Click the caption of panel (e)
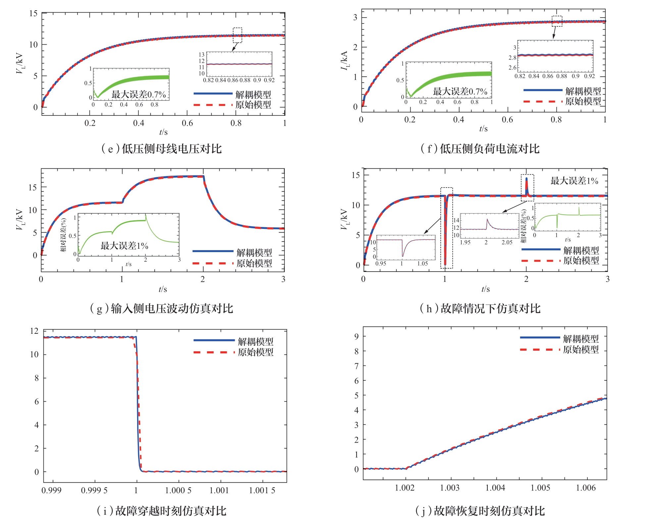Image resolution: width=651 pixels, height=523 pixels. click(x=162, y=149)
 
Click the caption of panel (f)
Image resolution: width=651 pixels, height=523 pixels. click(x=480, y=149)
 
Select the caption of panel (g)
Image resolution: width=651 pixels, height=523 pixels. click(x=162, y=308)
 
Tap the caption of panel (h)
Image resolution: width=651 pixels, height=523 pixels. click(x=480, y=308)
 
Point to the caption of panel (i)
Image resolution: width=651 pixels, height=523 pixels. click(x=162, y=511)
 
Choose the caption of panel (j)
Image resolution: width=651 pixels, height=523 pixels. click(x=480, y=511)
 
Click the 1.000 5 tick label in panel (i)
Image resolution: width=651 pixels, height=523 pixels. click(x=178, y=490)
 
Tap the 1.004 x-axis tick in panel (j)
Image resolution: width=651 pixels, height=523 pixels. click(x=495, y=488)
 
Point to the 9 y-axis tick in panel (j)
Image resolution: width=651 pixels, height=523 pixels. click(x=356, y=336)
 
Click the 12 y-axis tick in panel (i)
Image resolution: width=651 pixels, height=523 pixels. click(x=34, y=331)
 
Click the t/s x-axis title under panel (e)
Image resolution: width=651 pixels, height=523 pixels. click(x=163, y=132)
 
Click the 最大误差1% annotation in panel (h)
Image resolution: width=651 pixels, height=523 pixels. click(x=574, y=181)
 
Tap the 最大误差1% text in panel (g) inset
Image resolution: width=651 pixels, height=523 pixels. click(x=124, y=246)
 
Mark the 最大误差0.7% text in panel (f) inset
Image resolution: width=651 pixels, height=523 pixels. click(x=460, y=92)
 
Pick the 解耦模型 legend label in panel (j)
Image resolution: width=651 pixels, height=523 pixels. click(x=581, y=339)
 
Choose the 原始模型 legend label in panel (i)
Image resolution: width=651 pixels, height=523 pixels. click(x=256, y=352)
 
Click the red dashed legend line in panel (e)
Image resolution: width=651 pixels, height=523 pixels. click(x=213, y=105)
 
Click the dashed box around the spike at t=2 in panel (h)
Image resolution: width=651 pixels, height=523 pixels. click(x=527, y=188)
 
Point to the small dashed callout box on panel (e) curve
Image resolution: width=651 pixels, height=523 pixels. click(x=237, y=35)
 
